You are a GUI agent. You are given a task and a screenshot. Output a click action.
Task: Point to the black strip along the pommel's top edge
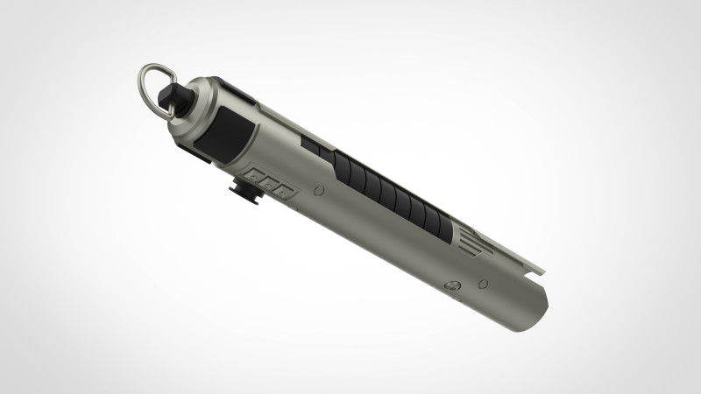[237, 88]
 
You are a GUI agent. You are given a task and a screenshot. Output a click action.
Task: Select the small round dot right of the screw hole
[481, 283]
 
